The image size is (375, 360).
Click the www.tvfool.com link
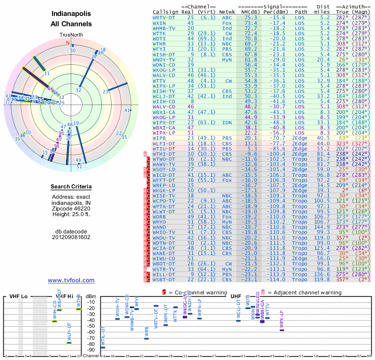(71, 280)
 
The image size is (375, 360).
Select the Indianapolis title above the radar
(71, 14)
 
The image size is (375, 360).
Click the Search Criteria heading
(71, 187)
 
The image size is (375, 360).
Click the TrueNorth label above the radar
(71, 35)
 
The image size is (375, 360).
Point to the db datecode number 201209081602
(71, 237)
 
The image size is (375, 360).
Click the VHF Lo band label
(18, 296)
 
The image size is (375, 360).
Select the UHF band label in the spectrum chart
(236, 296)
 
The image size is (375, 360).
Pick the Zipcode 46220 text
(71, 209)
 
